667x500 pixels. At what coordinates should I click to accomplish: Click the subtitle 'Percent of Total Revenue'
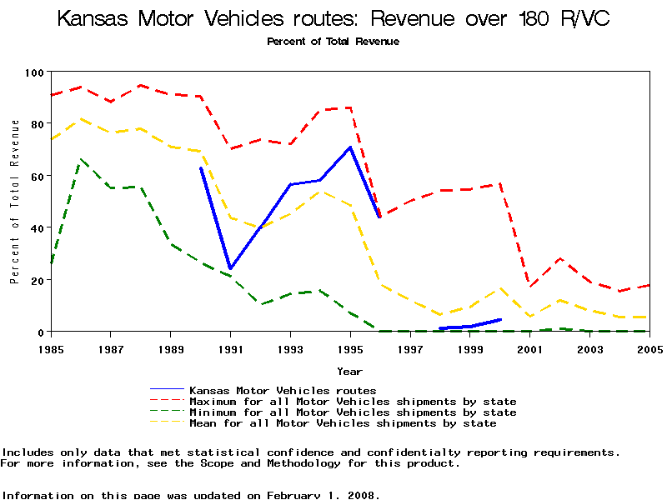[x=333, y=42]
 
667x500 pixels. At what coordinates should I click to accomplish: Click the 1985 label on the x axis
[x=52, y=347]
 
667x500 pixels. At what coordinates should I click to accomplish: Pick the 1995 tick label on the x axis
[x=350, y=347]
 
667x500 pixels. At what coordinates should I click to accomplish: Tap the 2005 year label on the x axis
[x=649, y=347]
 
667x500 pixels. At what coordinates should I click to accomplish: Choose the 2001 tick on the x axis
[x=529, y=347]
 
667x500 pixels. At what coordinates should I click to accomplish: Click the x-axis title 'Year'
[x=350, y=371]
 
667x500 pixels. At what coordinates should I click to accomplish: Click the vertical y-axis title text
[x=15, y=202]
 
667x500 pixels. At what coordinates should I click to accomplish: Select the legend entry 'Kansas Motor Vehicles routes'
[x=283, y=390]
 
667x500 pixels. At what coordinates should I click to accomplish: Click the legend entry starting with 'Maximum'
[x=353, y=402]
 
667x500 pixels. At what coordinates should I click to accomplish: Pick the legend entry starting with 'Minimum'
[x=353, y=412]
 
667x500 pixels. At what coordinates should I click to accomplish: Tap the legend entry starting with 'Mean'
[x=343, y=423]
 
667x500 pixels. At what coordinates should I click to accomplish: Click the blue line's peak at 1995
[x=350, y=147]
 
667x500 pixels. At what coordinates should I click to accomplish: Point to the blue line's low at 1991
[x=230, y=268]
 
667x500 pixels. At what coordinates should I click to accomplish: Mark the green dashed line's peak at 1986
[x=81, y=159]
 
